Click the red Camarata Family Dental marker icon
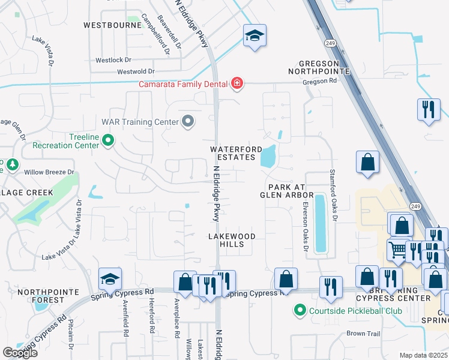coord(237,83)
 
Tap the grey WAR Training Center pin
coord(188,122)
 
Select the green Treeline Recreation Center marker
coord(108,141)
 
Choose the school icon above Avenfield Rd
coord(110,278)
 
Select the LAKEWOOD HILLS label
coord(232,240)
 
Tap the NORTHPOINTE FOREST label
coord(41,296)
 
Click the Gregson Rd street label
coord(320,81)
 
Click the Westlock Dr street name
coord(113,60)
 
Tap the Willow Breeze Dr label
coord(49,172)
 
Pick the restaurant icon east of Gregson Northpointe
coord(428,109)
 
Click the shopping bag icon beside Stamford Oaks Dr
coord(367,163)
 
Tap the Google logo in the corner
coord(20,353)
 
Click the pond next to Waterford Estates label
coord(268,157)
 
